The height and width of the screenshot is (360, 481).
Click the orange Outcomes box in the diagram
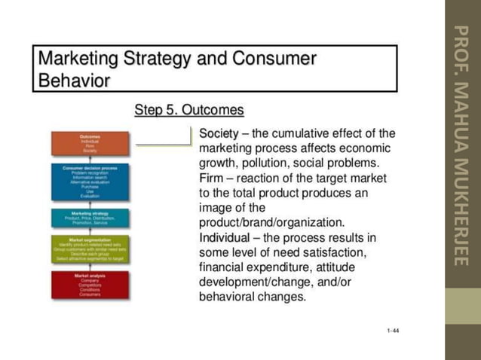coord(90,143)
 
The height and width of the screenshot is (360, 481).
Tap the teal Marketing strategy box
coord(90,218)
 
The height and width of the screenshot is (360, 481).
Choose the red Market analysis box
coord(90,285)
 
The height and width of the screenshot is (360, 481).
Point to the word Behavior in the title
coord(74,79)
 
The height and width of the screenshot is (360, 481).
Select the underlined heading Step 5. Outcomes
coord(188,111)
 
